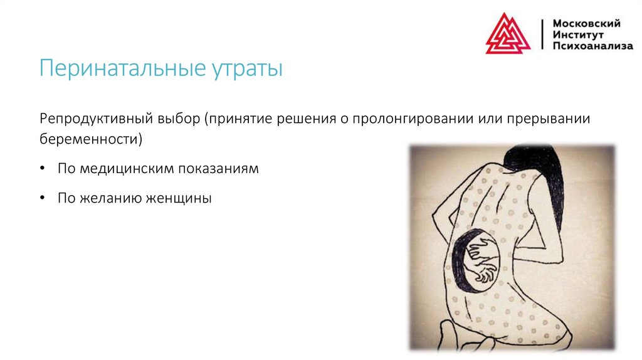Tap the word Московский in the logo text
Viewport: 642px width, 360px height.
[586, 23]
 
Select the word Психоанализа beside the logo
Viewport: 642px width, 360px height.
[592, 46]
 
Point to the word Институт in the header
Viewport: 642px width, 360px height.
[578, 34]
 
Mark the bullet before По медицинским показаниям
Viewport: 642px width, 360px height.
[41, 169]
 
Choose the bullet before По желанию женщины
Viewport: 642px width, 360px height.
[41, 199]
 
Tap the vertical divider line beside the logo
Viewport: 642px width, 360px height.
[542, 34]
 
